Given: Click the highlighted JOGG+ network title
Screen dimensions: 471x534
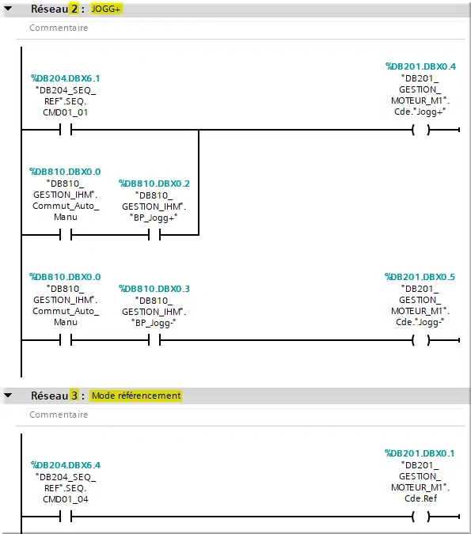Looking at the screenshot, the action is pos(105,9).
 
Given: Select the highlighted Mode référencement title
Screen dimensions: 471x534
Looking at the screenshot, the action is pos(135,396).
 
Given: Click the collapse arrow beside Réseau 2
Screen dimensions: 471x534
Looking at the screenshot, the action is pos(8,8).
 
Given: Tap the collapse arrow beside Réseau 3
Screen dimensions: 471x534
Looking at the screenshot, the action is pos(8,395).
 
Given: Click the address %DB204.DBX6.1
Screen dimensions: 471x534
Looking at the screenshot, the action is pos(66,78).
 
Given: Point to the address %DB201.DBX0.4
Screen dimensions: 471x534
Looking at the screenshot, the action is pos(420,66).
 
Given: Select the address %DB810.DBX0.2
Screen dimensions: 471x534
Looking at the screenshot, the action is pos(154,184).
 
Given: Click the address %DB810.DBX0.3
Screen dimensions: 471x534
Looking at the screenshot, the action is pos(154,289).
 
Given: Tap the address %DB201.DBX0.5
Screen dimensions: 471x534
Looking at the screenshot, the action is pos(420,277).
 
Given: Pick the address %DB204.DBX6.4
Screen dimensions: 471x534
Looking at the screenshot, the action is pos(66,465).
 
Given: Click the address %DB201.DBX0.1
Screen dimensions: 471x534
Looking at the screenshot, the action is pos(420,453).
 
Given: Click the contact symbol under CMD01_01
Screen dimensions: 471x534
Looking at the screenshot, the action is pos(66,130).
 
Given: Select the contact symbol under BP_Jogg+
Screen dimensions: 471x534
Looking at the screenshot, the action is pos(154,235).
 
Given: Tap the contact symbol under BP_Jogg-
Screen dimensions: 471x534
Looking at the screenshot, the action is pos(154,340).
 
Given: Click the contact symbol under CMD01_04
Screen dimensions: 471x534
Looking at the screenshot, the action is pos(66,517).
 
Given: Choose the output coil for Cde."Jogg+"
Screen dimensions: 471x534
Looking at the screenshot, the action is pos(421,130).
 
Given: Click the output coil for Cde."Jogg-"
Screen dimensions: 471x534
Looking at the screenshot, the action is pos(421,340).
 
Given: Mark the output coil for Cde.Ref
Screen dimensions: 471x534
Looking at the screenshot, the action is pos(421,517).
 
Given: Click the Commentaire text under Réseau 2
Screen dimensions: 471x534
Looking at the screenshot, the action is pos(59,28).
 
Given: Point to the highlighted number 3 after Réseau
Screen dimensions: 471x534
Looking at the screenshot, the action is pos(74,396).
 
